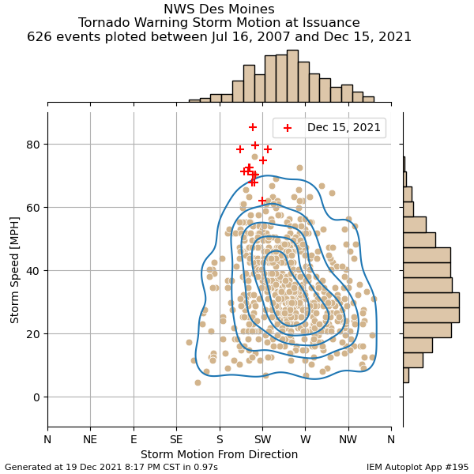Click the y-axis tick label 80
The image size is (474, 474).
[32, 145]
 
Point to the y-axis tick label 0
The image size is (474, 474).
[36, 397]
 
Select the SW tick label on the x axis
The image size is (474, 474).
[263, 439]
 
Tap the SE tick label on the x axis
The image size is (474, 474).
[176, 439]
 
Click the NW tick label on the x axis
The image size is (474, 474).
[348, 439]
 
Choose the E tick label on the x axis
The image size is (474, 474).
[134, 439]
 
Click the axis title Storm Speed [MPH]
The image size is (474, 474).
[14, 270]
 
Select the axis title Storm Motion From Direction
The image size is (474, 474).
[219, 454]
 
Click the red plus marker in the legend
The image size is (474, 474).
[288, 128]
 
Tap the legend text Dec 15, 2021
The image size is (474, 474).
[344, 127]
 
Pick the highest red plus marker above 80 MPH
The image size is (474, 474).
[253, 127]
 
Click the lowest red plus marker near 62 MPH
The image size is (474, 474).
[262, 201]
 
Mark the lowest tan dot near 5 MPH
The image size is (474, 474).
[197, 382]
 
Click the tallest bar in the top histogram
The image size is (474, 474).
[292, 76]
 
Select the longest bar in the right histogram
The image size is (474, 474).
[431, 300]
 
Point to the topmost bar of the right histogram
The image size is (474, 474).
[404, 164]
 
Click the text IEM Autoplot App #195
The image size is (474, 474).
[417, 467]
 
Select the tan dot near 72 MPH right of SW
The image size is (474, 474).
[299, 167]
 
